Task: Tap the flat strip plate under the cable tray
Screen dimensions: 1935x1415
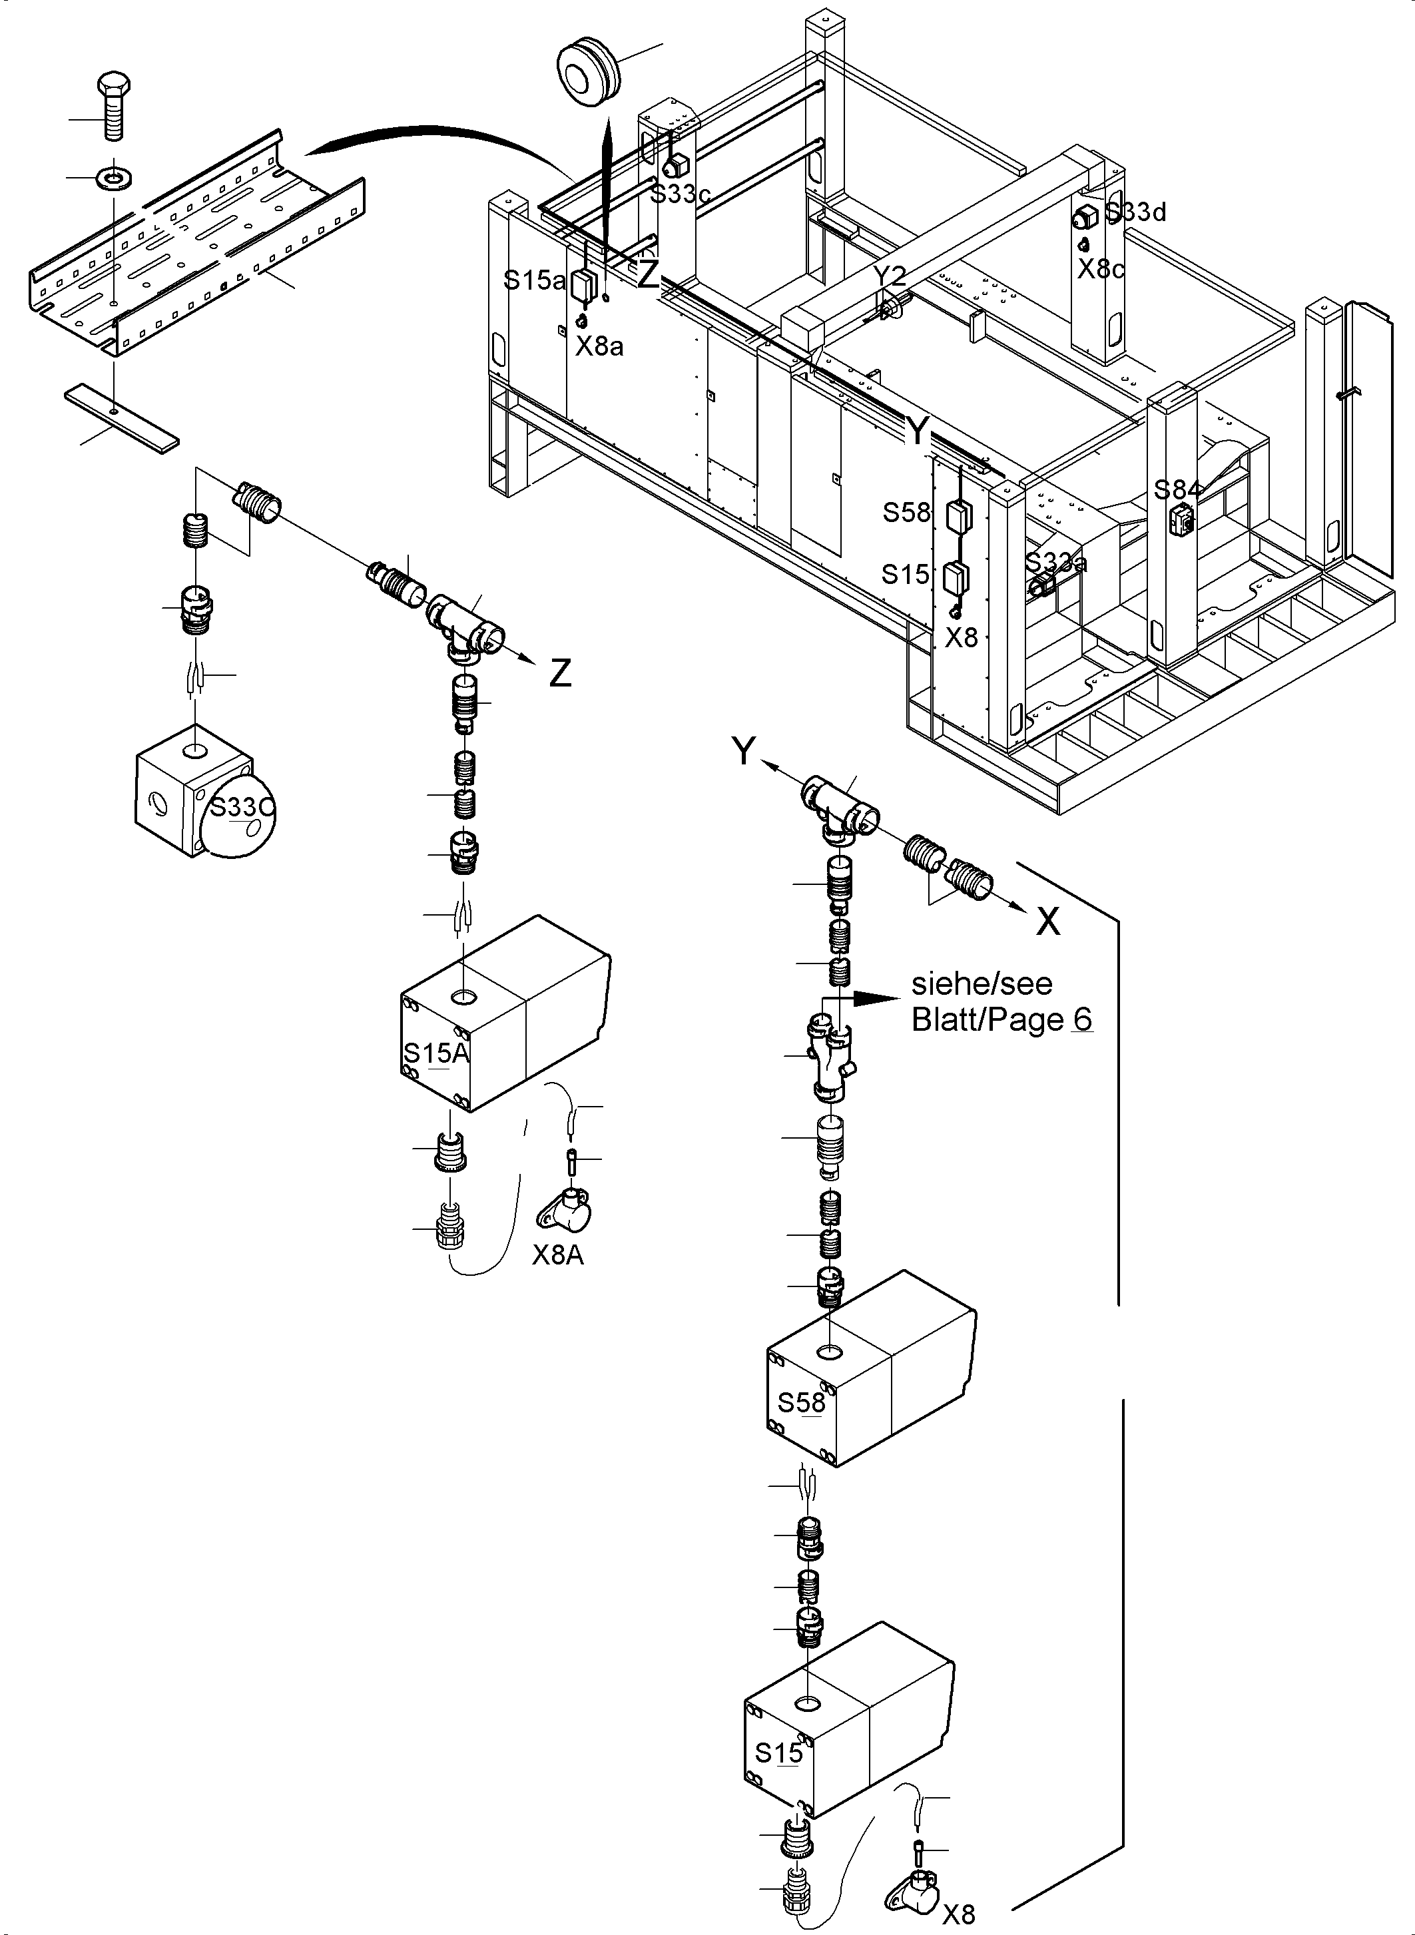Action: pos(122,416)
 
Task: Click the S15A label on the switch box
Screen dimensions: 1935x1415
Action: pos(436,1053)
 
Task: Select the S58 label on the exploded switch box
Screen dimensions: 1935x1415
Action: pos(801,1402)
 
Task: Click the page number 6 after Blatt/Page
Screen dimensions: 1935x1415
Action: pos(1082,1019)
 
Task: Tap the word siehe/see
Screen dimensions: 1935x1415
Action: pos(982,983)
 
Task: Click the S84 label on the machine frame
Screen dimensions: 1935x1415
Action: pos(1177,490)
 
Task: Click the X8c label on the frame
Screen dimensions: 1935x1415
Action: pos(1100,269)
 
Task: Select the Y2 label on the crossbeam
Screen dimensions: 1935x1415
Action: pos(890,276)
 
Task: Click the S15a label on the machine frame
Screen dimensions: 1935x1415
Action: pos(533,280)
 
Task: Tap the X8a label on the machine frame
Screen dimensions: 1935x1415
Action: pos(599,346)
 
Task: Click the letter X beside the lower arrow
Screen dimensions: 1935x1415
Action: pos(1048,922)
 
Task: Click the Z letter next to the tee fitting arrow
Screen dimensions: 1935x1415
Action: pos(560,674)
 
